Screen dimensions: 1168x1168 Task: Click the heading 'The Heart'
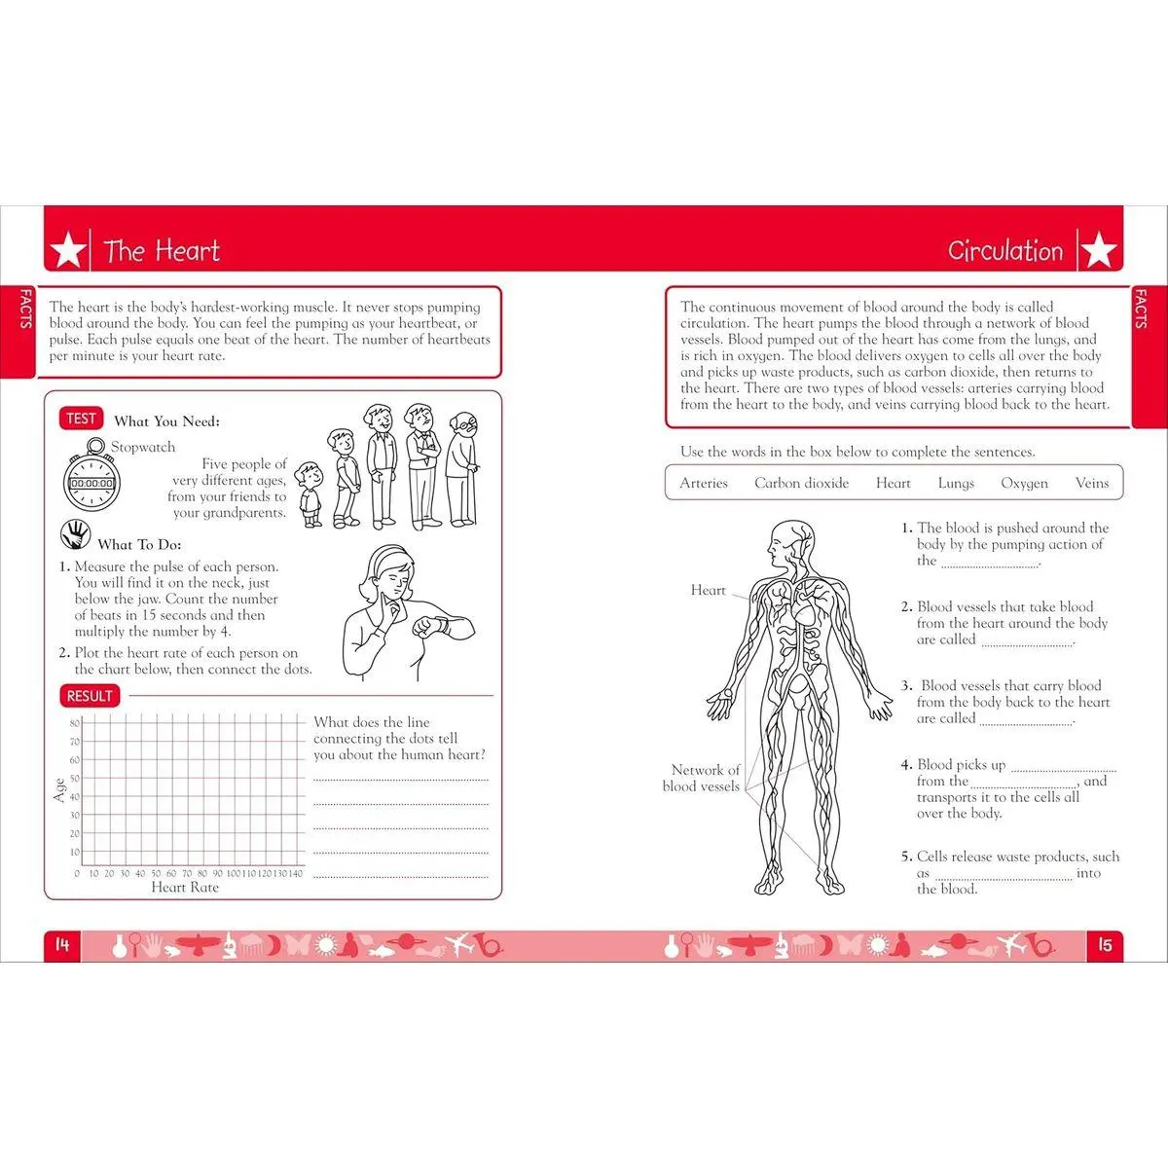pyautogui.click(x=162, y=251)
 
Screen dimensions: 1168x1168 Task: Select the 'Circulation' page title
pyautogui.click(x=1004, y=251)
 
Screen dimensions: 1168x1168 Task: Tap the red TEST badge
pyautogui.click(x=81, y=419)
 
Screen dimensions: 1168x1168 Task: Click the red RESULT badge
pyautogui.click(x=90, y=696)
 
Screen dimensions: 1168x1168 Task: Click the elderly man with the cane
pyautogui.click(x=461, y=467)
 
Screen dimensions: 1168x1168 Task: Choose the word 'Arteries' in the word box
pyautogui.click(x=704, y=483)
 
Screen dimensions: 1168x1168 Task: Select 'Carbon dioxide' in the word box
pyautogui.click(x=801, y=483)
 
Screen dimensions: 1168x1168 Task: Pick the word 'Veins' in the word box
pyautogui.click(x=1091, y=483)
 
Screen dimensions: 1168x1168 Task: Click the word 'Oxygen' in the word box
pyautogui.click(x=1024, y=483)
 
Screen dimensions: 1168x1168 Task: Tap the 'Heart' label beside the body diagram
pyautogui.click(x=708, y=590)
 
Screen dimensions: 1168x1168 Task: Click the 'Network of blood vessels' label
pyautogui.click(x=703, y=778)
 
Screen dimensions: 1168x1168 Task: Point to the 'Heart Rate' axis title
pyautogui.click(x=185, y=888)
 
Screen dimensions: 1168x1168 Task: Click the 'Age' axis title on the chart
pyautogui.click(x=59, y=789)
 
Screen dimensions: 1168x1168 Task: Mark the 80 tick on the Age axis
pyautogui.click(x=74, y=723)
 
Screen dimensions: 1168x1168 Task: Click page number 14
pyautogui.click(x=62, y=945)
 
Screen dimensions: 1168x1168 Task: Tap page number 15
pyautogui.click(x=1105, y=945)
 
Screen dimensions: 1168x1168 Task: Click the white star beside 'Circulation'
pyautogui.click(x=1099, y=251)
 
